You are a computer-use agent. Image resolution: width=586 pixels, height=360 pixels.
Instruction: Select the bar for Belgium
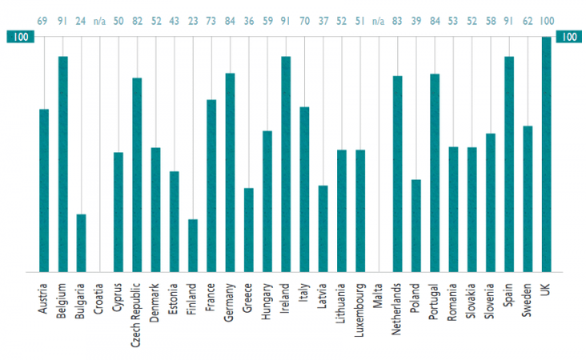pos(62,164)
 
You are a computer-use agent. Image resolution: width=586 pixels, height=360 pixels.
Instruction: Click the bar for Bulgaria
pos(81,243)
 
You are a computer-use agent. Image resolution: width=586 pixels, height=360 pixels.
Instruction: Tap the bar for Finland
pos(193,246)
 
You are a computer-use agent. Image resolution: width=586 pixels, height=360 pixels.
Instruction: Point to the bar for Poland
pos(416,226)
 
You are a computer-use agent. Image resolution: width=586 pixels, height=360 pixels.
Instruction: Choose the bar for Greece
pos(249,230)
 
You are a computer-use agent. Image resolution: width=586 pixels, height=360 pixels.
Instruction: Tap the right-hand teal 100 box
pos(568,37)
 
